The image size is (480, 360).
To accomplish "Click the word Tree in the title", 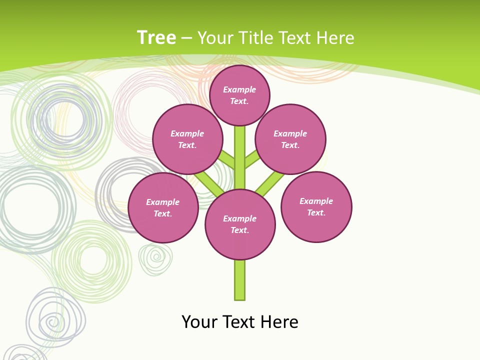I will click(156, 37).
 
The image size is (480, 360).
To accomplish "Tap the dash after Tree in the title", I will click(187, 38).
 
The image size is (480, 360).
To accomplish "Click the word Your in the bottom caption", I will click(199, 322).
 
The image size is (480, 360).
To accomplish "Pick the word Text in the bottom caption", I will click(239, 322).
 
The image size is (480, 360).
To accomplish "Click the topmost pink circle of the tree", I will click(239, 95).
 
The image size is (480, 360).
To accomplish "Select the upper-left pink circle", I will click(187, 139).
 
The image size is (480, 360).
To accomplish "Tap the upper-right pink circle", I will click(290, 139).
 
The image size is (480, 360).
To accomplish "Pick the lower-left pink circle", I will click(163, 207).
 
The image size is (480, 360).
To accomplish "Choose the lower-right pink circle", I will click(316, 206).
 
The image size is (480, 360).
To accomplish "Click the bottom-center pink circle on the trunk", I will click(240, 224).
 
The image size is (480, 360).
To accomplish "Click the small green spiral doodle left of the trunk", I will click(155, 258).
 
